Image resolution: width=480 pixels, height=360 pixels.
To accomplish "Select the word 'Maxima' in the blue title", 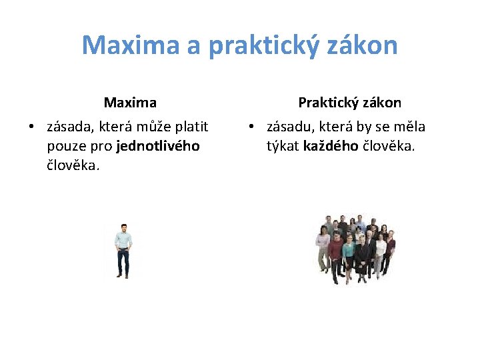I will point(131,45).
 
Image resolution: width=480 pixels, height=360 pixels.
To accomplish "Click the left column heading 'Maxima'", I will point(130,103).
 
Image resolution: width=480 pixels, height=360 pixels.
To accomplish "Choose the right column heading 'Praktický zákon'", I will point(349,103).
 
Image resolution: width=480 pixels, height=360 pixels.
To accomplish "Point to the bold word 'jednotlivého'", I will point(158,146).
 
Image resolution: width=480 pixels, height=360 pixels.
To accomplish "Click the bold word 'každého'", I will point(331,146).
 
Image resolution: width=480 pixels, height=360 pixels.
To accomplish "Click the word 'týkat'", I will point(283,146).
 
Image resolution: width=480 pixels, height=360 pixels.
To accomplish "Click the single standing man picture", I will point(123,250).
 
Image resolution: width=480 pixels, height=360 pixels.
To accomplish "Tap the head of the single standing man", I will point(123,227).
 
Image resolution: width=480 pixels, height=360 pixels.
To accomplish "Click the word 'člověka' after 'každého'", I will point(388,146).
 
